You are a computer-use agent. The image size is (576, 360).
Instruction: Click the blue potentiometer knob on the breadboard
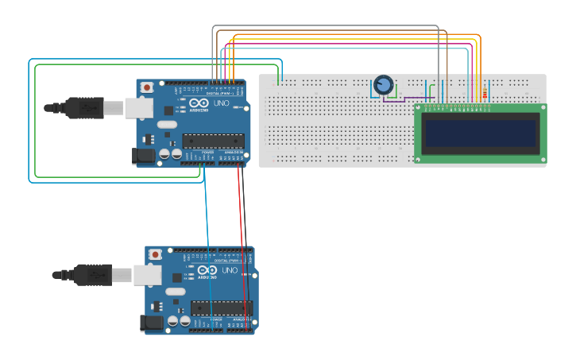pos(384,83)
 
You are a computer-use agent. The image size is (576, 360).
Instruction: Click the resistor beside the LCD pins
pos(485,91)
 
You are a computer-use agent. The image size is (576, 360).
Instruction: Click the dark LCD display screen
pos(481,134)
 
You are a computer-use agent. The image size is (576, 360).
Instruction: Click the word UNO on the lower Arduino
pos(230,270)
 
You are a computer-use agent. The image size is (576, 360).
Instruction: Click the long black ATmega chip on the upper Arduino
pos(212,141)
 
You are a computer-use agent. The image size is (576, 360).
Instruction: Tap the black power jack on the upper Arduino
pos(144,156)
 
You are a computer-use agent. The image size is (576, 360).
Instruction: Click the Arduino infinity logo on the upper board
pos(182,105)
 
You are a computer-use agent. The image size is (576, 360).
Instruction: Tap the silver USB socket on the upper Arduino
pos(137,107)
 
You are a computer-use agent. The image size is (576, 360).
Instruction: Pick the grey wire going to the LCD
pos(326,26)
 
